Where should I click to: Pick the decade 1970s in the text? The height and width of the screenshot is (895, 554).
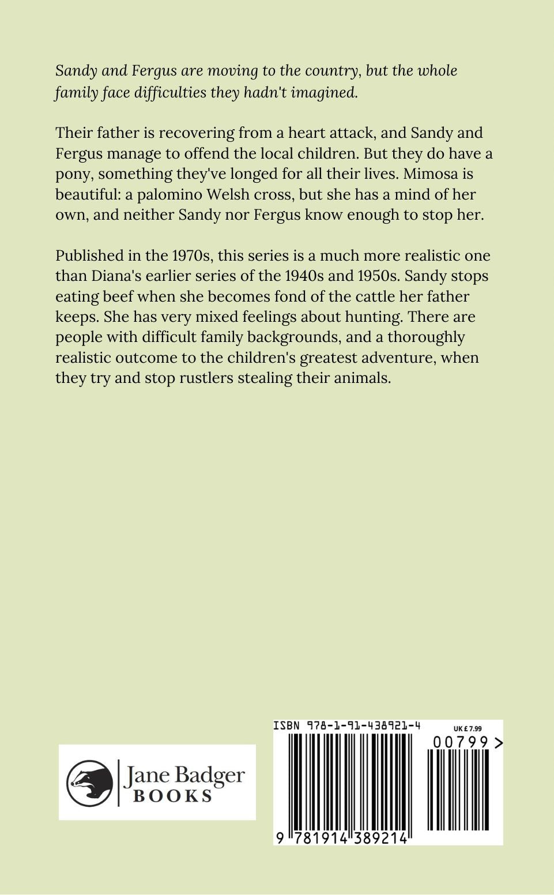pos(191,255)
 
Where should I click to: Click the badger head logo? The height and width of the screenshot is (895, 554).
pos(89,783)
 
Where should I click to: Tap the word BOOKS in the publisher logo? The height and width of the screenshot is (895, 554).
pos(172,796)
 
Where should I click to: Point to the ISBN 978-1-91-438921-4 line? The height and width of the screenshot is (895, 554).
pos(346,725)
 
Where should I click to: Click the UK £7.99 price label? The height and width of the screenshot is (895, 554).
pos(468,729)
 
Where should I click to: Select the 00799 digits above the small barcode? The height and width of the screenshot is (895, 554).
pos(461,742)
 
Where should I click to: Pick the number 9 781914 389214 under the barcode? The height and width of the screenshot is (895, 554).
pos(342,838)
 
